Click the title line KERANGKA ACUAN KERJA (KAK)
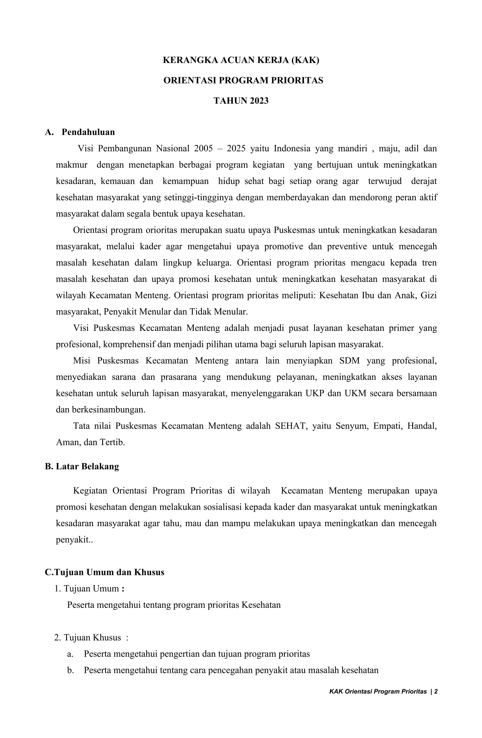(241, 60)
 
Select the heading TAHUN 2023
(241, 101)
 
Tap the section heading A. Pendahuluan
(80, 132)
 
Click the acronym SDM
(349, 361)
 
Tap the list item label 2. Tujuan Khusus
(88, 638)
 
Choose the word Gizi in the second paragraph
(429, 295)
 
